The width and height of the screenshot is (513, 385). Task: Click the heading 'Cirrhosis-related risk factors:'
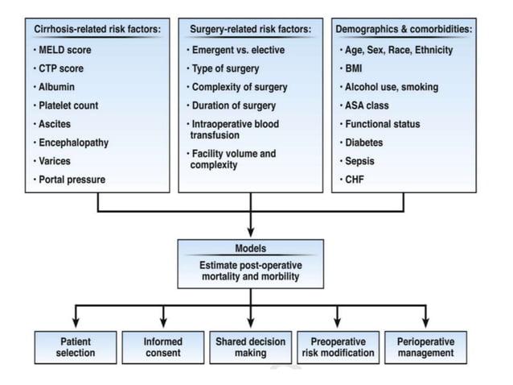(97, 29)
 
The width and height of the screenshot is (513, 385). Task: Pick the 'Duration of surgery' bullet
(232, 106)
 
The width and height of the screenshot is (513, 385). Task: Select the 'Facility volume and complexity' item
(232, 159)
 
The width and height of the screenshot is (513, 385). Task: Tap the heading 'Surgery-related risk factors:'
(251, 29)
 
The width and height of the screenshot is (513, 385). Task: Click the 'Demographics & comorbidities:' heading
(404, 29)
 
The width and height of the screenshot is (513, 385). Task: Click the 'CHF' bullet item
(355, 179)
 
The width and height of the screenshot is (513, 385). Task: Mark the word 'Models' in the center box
(250, 249)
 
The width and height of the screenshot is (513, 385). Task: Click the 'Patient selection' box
(76, 347)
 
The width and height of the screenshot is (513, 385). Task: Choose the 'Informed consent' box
(163, 347)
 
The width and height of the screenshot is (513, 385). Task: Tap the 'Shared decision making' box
(250, 347)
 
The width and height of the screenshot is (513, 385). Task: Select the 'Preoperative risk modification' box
(337, 347)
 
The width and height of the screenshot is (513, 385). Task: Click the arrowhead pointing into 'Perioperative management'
(425, 323)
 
